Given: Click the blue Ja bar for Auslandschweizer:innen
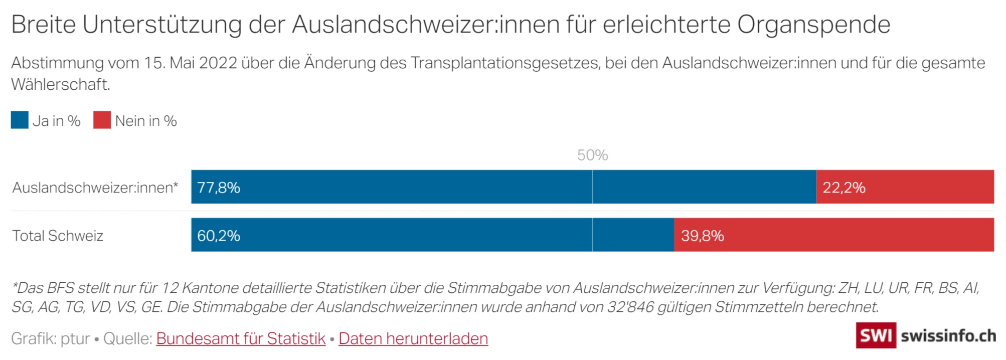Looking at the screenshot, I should (501, 187).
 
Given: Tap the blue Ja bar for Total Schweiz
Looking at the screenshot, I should (431, 235).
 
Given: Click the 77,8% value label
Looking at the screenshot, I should (219, 188).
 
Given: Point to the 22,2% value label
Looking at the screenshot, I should (844, 188).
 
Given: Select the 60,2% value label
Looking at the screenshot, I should (219, 236).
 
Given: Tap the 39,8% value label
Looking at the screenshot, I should (702, 236).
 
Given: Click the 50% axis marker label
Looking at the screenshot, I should (592, 155).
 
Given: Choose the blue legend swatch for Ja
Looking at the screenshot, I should (20, 120).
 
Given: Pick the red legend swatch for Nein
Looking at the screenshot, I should (102, 120).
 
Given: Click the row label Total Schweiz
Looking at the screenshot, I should (58, 236).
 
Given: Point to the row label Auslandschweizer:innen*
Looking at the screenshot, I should (95, 188).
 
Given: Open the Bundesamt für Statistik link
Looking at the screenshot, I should (241, 339).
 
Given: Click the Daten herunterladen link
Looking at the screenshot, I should (413, 339).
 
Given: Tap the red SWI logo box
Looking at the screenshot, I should (876, 335).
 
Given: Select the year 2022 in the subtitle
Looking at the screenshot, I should (218, 63).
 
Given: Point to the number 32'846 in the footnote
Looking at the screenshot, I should (630, 307).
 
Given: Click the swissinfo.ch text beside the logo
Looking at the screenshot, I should (948, 335).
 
